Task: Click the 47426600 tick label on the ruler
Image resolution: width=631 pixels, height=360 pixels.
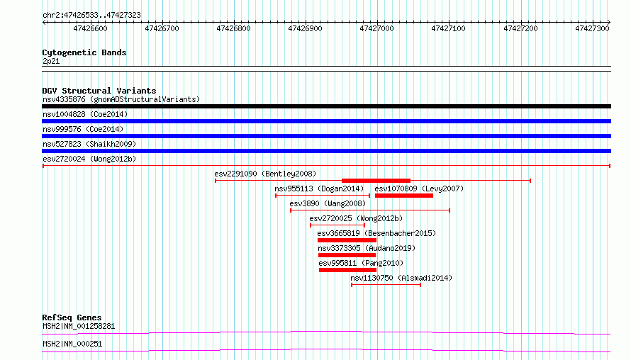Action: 90,28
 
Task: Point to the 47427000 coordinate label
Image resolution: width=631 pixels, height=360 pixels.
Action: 376,28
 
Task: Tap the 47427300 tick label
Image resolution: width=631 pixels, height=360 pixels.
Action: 592,28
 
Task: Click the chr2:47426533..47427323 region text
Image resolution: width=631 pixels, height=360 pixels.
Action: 91,16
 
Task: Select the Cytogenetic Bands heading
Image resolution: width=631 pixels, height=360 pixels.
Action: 84,52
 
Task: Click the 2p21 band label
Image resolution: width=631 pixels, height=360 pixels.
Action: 51,61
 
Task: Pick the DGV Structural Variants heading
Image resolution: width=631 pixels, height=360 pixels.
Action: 99,91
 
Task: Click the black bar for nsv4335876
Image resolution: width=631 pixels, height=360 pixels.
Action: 326,106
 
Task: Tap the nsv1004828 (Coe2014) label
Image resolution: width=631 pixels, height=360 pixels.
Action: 85,114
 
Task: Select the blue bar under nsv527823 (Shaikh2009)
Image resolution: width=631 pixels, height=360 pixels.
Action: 326,151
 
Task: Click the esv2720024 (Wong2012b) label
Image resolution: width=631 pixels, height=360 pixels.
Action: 89,159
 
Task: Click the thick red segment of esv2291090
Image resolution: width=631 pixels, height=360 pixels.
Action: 376,181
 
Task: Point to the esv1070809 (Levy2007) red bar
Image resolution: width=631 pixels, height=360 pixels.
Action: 404,196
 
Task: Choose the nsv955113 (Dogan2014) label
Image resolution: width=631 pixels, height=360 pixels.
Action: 319,189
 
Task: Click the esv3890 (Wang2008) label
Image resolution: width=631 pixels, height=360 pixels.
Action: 328,203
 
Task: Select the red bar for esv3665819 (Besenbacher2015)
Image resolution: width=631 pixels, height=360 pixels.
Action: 347,240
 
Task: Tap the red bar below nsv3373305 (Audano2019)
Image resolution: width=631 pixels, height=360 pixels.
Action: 347,255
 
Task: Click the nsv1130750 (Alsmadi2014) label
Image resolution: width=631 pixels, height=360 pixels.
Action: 401,278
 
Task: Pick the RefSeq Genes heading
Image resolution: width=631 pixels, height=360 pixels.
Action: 72,317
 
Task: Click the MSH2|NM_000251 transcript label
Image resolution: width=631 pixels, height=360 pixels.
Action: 72,344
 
